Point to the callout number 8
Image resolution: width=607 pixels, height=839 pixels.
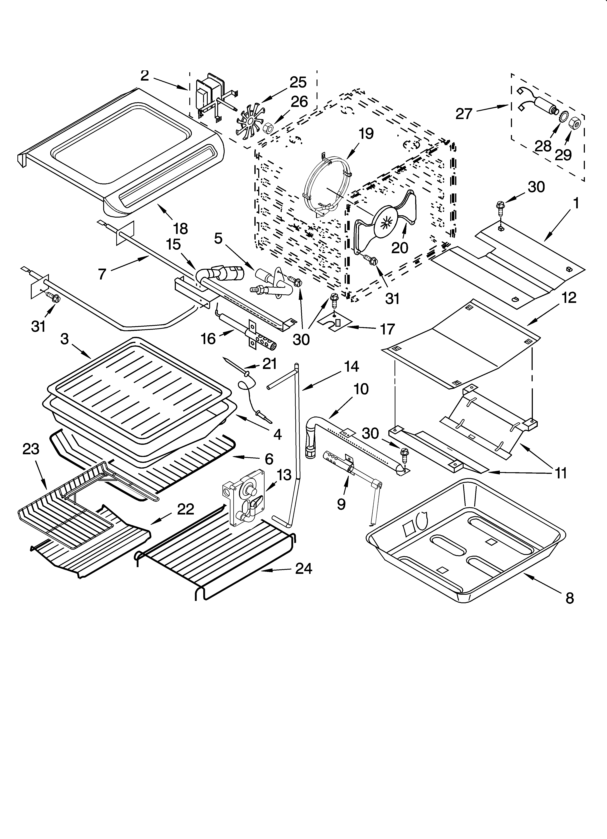(x=570, y=598)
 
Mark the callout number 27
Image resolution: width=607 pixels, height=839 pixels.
(x=464, y=114)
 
